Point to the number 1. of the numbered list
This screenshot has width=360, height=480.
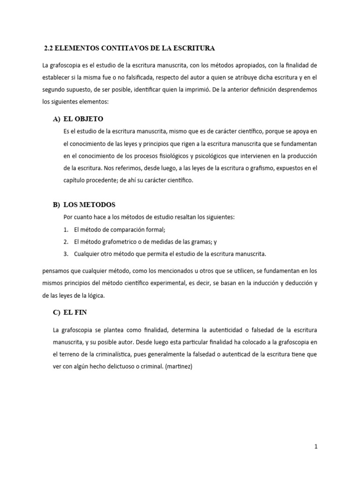66,230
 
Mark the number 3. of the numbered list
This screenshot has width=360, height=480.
66,254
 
